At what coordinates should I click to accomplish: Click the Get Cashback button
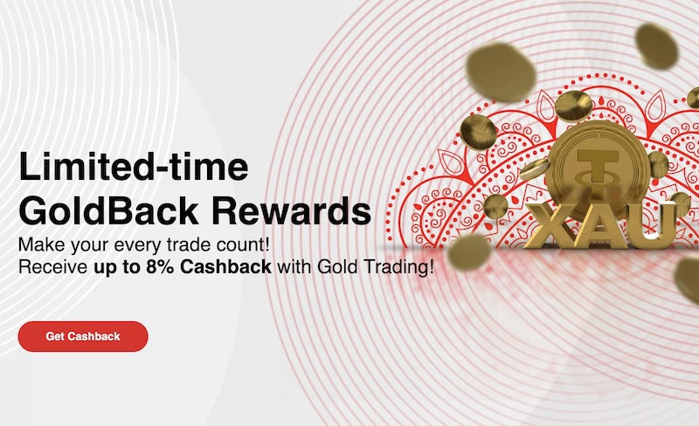[83, 336]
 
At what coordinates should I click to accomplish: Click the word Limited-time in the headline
[133, 168]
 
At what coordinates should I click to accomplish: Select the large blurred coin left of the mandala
[501, 73]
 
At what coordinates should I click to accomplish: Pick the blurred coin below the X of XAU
[469, 252]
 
